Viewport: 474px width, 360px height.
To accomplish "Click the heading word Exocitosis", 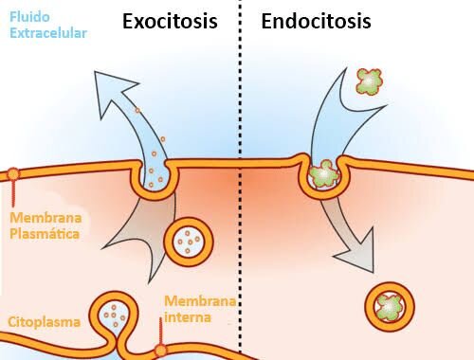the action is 170,22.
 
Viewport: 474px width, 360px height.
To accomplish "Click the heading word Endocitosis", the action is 316,22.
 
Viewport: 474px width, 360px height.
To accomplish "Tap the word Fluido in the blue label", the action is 29,17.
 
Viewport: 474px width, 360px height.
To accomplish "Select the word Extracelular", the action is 48,33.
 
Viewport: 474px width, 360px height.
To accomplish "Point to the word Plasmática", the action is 45,234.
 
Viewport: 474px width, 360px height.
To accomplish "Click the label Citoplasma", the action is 44,322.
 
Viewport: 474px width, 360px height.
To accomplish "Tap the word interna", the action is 188,317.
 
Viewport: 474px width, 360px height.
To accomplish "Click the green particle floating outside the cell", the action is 370,81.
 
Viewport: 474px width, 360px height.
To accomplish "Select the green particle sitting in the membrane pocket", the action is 322,173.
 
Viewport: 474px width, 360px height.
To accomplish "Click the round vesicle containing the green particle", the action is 390,307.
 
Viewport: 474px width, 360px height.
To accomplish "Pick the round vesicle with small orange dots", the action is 189,242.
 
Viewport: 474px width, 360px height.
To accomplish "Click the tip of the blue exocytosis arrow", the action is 95,72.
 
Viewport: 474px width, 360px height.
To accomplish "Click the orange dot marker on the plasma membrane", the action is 13,173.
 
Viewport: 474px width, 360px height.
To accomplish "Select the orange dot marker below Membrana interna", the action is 160,351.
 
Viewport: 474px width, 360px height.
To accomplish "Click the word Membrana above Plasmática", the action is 46,218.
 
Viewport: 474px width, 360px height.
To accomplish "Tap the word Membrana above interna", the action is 200,300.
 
